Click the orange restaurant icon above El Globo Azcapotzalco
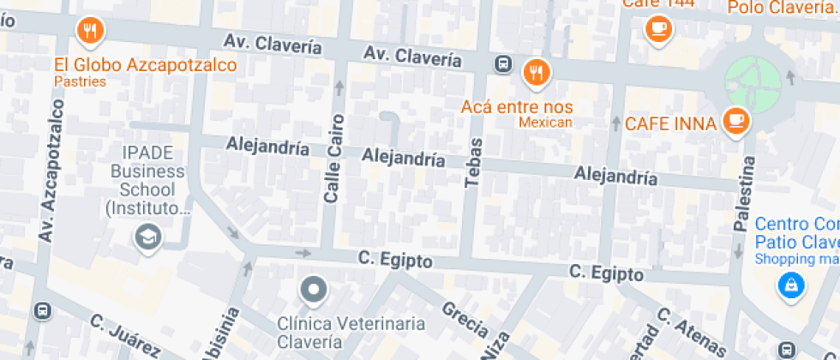click(90, 33)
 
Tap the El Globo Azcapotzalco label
click(145, 66)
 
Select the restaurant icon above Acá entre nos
click(537, 73)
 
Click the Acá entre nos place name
click(516, 106)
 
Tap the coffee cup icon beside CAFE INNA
click(735, 121)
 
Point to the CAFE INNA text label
click(670, 123)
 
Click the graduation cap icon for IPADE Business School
click(148, 237)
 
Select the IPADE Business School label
click(147, 180)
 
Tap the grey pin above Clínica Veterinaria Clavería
click(314, 290)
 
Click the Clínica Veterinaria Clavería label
click(351, 333)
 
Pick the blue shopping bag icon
click(790, 286)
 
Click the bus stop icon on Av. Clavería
click(503, 63)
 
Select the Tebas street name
click(473, 162)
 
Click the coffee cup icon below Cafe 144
click(658, 28)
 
